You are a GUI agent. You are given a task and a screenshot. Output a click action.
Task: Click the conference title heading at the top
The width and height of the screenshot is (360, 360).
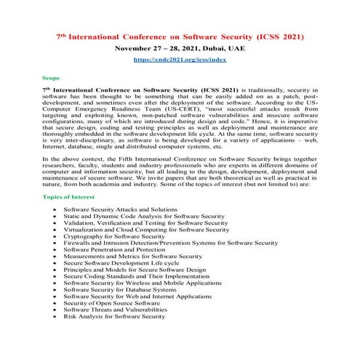point(180,36)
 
